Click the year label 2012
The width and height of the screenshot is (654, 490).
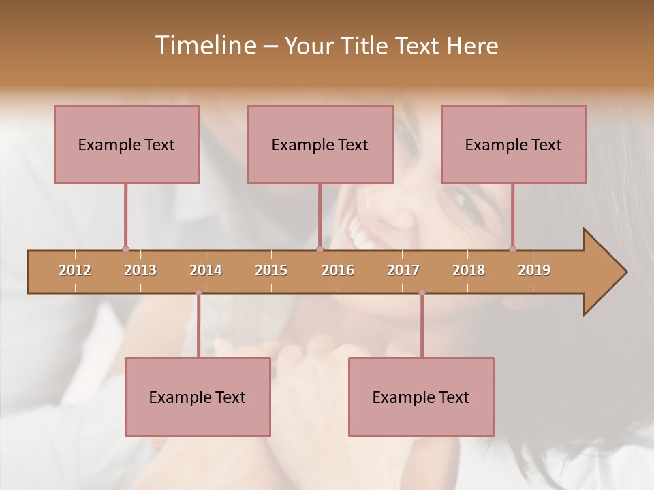(75, 270)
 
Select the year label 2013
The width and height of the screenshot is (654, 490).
(140, 270)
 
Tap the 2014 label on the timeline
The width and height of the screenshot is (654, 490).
(206, 270)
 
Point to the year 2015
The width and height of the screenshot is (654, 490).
(271, 270)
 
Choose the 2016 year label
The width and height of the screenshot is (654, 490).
(338, 270)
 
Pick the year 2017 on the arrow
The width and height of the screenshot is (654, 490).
(403, 270)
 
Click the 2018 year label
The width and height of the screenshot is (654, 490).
(469, 270)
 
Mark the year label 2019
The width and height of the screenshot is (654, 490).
(534, 270)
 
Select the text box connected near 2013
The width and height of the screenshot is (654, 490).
(127, 144)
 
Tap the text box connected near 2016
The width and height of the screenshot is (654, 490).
(320, 144)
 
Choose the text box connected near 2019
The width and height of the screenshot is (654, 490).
(514, 144)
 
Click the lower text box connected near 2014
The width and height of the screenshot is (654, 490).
(198, 397)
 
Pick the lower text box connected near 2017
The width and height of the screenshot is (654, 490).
(421, 397)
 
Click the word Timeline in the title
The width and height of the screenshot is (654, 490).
(204, 46)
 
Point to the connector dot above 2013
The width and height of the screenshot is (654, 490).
(125, 249)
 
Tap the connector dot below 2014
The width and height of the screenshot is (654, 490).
(198, 293)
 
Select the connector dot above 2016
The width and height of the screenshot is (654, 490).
(320, 249)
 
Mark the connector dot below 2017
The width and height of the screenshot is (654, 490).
(422, 293)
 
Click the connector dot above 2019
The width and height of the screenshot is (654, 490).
(512, 249)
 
